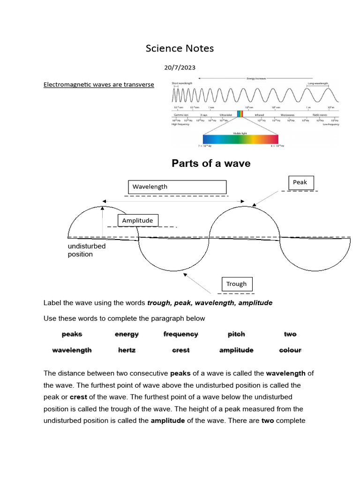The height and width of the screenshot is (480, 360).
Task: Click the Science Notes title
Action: click(180, 48)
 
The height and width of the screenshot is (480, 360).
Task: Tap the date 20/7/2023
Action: click(180, 67)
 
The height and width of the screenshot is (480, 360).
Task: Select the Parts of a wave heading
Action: click(211, 163)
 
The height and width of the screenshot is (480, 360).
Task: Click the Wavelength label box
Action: click(177, 187)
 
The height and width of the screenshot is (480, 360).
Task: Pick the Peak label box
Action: click(300, 182)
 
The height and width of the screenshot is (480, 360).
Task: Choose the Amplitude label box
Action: click(138, 220)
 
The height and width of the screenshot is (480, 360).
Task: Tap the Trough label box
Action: click(237, 284)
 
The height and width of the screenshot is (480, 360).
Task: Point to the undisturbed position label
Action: click(87, 250)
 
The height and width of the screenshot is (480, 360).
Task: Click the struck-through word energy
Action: click(127, 334)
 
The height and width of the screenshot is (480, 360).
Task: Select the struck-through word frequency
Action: click(180, 334)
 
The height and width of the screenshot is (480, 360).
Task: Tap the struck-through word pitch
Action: click(236, 334)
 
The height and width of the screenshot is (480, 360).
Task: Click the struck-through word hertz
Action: click(127, 350)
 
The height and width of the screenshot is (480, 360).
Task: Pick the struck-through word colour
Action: click(290, 350)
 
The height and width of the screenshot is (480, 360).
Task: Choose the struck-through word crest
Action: click(180, 350)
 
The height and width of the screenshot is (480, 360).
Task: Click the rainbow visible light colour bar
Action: click(240, 139)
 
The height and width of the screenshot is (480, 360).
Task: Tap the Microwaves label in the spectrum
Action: click(288, 114)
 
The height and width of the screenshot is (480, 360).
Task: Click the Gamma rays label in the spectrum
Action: click(181, 114)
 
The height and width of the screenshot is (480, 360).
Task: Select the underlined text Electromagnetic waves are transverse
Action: click(99, 85)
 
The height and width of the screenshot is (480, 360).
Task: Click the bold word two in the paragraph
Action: click(268, 420)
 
